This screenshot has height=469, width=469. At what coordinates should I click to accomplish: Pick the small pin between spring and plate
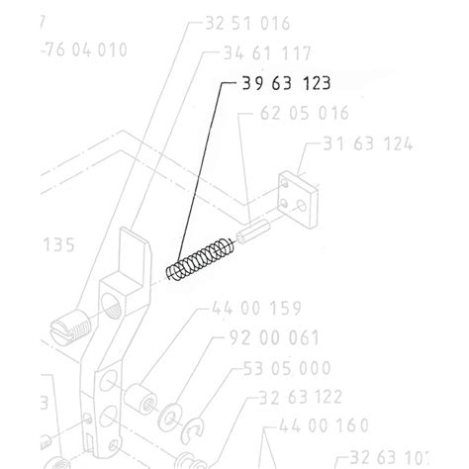pyautogui.click(x=251, y=238)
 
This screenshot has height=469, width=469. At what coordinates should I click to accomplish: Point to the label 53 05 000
pyautogui.click(x=288, y=369)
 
